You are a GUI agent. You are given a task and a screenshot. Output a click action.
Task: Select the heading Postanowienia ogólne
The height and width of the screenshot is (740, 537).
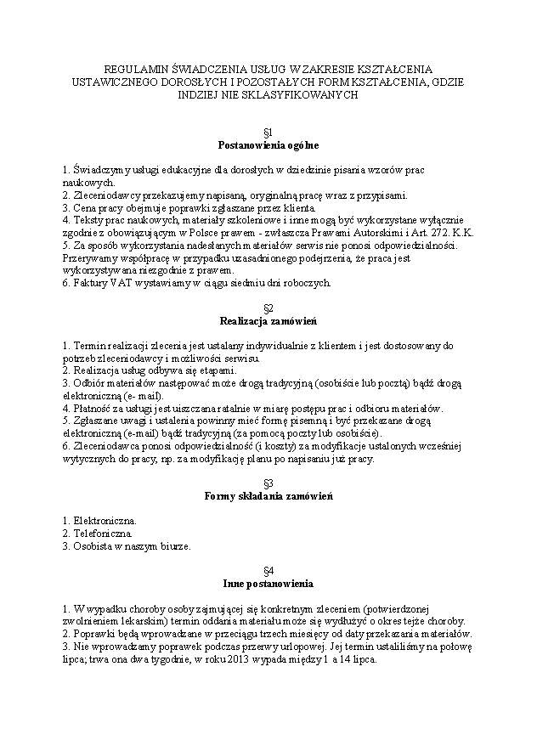pyautogui.click(x=268, y=144)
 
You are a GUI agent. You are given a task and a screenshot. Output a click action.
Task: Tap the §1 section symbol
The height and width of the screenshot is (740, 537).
pyautogui.click(x=268, y=133)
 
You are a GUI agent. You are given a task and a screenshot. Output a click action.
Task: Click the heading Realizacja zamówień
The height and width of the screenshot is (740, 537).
pyautogui.click(x=268, y=320)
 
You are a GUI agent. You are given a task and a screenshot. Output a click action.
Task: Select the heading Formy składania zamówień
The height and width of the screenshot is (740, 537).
pyautogui.click(x=268, y=495)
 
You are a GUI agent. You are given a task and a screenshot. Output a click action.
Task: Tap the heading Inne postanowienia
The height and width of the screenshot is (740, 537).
pyautogui.click(x=268, y=584)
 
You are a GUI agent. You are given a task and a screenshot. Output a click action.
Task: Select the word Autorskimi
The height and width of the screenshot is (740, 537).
pyautogui.click(x=379, y=232)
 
